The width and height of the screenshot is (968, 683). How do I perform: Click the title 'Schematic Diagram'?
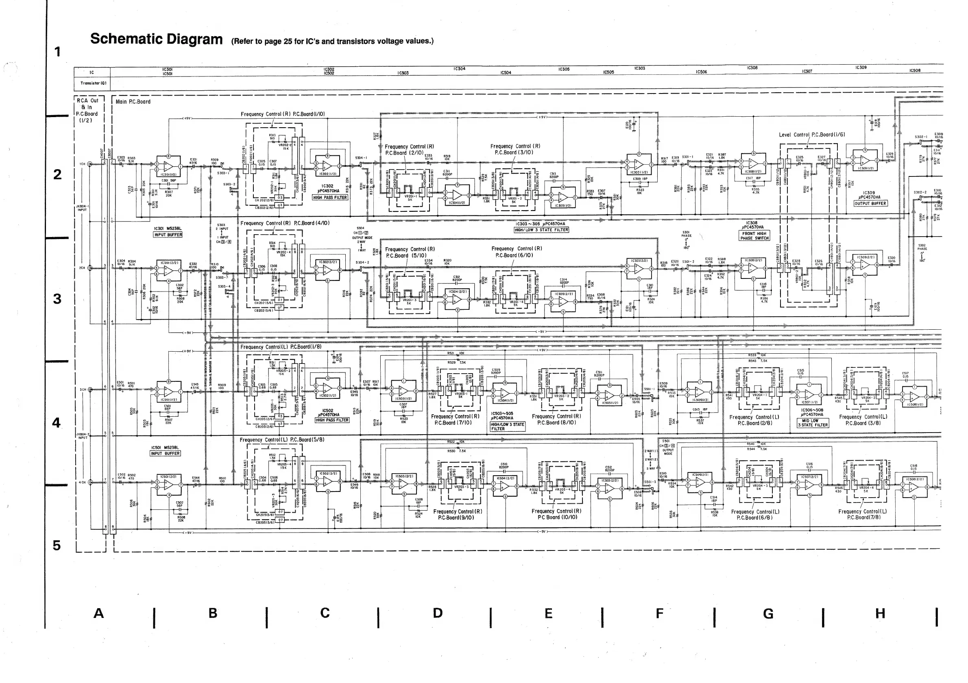(156, 39)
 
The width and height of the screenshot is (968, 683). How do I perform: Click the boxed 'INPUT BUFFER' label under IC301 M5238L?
(168, 235)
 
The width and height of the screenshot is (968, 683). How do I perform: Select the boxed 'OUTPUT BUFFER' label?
(870, 204)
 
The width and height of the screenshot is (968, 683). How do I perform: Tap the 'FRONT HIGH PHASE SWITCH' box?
(754, 235)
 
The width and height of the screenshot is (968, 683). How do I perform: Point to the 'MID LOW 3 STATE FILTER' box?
(813, 423)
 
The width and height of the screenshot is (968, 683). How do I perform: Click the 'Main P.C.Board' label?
(133, 102)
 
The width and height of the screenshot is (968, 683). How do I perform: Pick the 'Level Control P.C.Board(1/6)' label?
(811, 135)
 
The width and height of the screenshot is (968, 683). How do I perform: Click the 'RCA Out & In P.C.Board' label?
(87, 111)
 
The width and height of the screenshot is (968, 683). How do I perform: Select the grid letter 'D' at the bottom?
(438, 613)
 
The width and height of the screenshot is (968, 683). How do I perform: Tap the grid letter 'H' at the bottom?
(880, 613)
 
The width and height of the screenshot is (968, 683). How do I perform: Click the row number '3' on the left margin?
(57, 299)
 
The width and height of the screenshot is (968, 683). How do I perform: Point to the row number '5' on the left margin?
(57, 545)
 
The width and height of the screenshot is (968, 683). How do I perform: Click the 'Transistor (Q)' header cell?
(93, 83)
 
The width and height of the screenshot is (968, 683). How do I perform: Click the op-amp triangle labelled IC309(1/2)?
(864, 160)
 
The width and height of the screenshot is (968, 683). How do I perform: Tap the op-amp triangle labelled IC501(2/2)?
(168, 485)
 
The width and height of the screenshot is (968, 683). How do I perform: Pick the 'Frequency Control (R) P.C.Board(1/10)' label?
(283, 114)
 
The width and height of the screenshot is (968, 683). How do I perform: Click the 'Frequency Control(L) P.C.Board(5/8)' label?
(281, 439)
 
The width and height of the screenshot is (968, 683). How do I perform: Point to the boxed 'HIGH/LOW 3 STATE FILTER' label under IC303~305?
(541, 230)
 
